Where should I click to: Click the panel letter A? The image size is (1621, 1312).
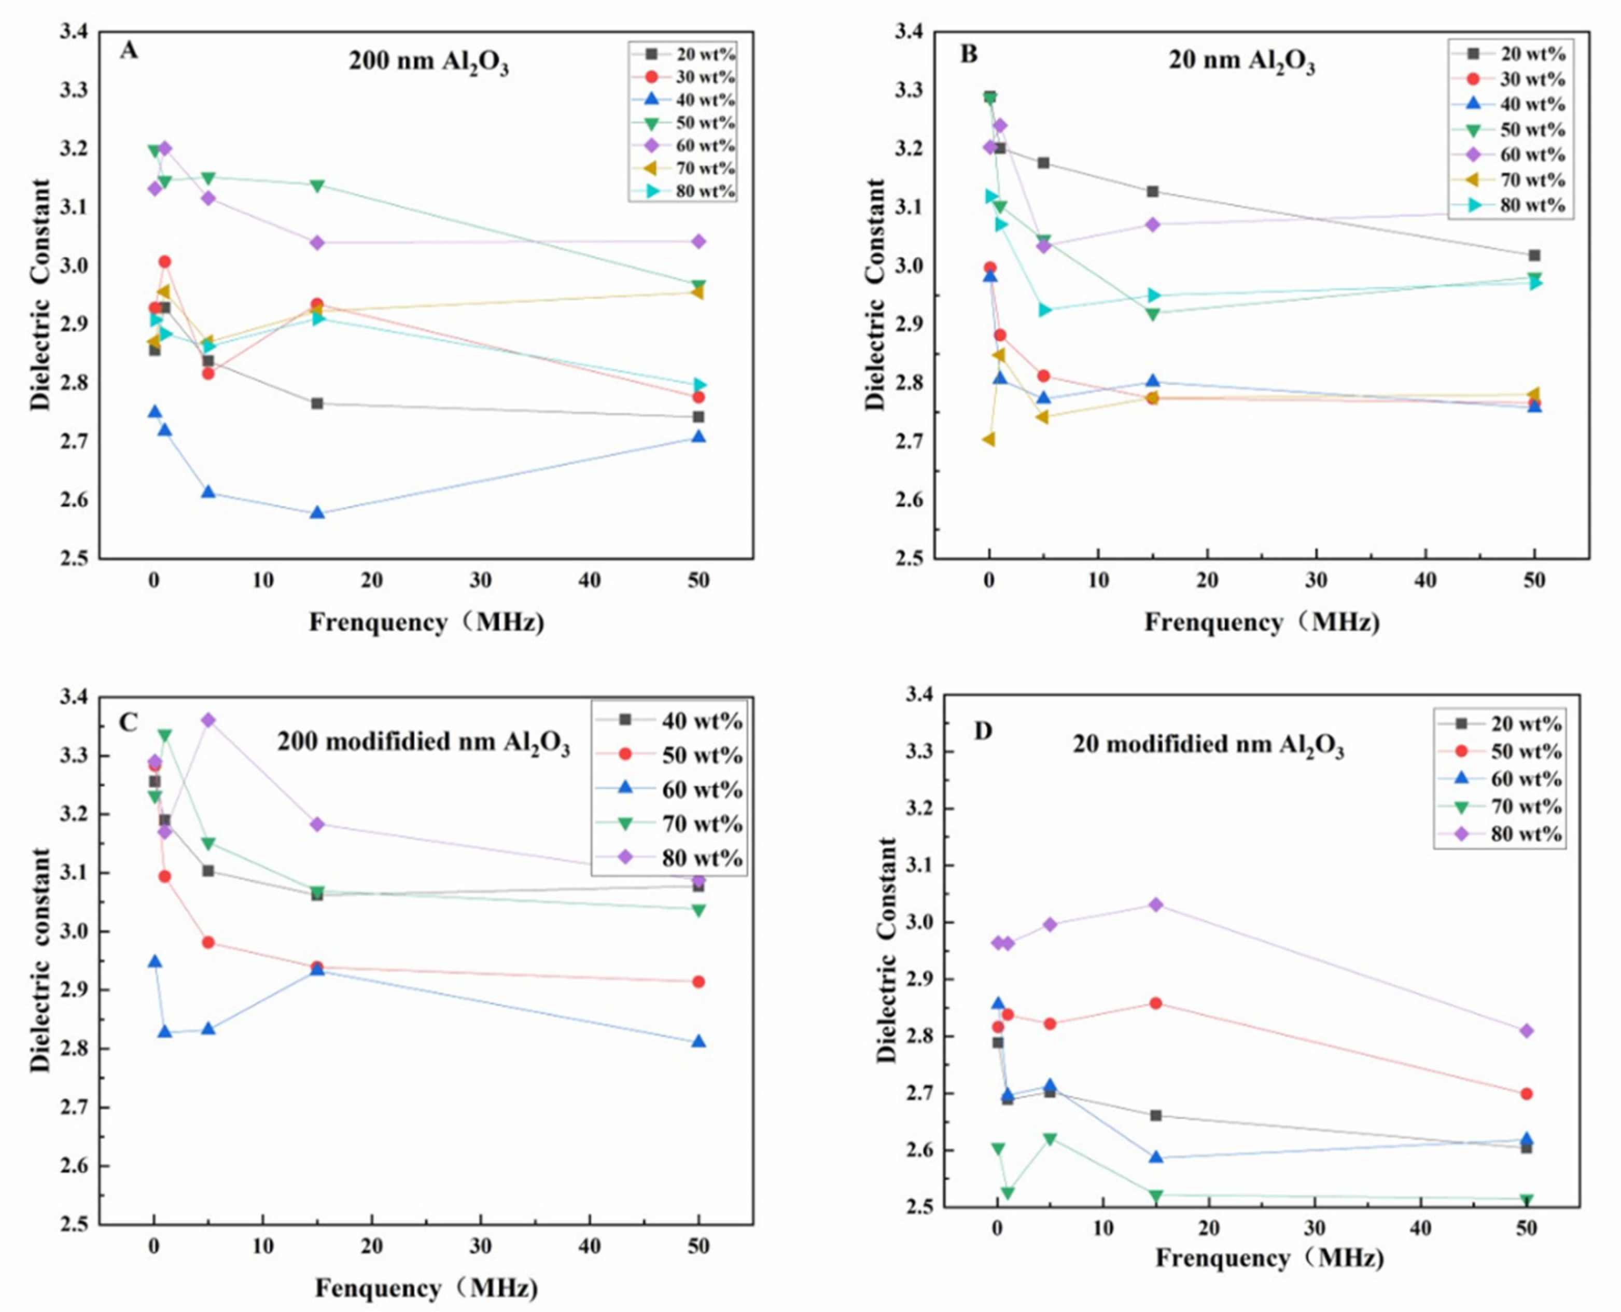(129, 51)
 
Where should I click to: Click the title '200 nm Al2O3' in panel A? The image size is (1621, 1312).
(428, 61)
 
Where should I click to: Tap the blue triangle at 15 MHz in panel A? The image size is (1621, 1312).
(317, 513)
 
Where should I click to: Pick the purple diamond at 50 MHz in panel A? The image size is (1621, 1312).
(698, 242)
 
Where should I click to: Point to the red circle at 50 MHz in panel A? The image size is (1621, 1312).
(698, 397)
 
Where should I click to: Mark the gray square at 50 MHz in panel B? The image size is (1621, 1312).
(1534, 256)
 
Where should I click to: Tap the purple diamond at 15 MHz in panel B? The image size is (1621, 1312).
(1152, 225)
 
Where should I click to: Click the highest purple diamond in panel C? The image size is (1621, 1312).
(208, 720)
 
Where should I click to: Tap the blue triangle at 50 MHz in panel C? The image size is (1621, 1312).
(698, 1042)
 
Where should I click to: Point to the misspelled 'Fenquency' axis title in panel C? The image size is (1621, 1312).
(427, 1287)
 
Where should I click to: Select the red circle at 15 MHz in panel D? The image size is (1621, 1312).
(1155, 1003)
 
